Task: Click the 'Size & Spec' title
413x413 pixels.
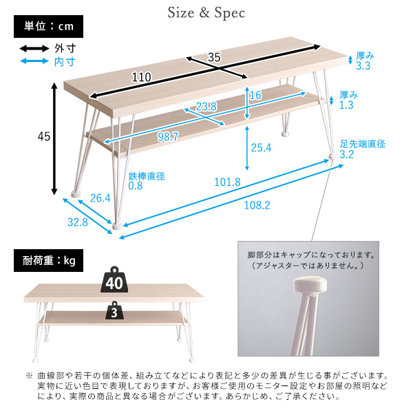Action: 206,13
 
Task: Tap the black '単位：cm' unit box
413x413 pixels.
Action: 48,26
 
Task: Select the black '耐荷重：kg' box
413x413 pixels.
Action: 48,260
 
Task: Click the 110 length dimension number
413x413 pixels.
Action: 142,77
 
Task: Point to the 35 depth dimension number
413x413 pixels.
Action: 214,57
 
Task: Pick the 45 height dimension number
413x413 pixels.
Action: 44,136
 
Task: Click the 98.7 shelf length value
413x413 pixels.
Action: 168,137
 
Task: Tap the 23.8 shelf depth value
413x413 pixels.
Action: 206,107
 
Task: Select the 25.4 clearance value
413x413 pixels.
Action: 261,147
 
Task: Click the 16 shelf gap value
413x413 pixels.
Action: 255,95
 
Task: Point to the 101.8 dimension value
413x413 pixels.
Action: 227,182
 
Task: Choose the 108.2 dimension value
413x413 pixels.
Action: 257,205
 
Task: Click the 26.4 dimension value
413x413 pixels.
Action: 100,198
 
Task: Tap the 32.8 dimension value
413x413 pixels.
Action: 78,222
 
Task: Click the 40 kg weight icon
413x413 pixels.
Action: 114,279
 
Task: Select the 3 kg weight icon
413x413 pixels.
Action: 114,310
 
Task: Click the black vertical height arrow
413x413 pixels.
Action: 54,139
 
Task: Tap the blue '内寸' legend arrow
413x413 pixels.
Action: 34,61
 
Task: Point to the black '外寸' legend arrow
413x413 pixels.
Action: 34,48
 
